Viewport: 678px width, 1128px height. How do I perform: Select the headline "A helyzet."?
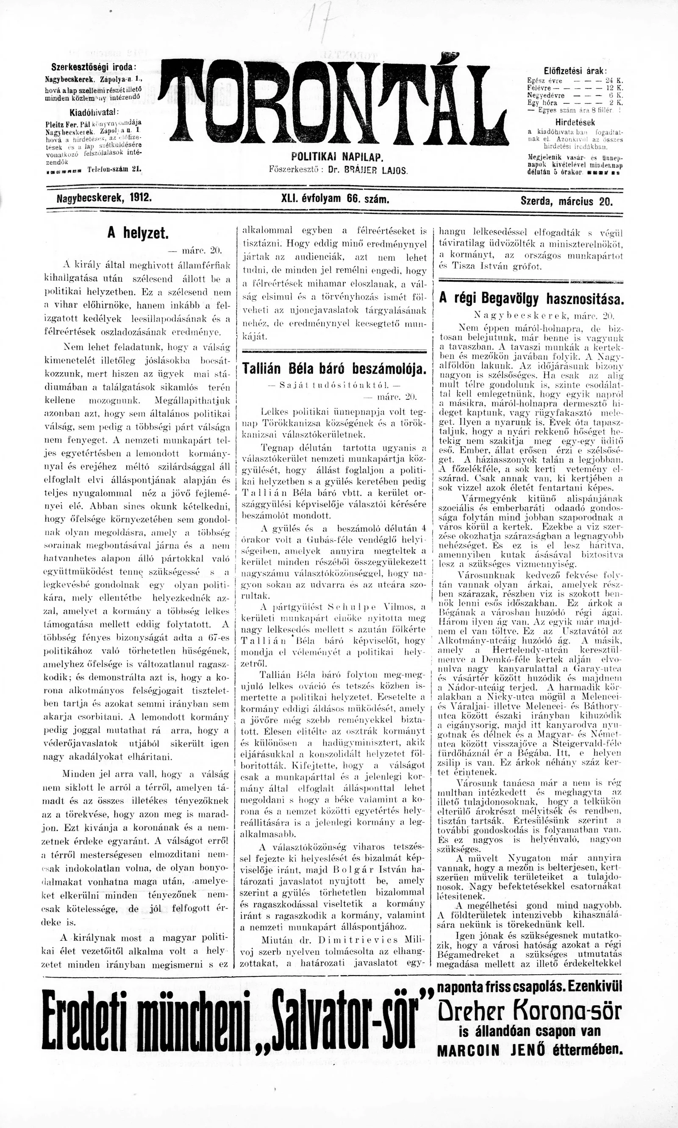click(138, 233)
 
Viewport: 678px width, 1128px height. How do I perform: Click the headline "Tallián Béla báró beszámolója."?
click(334, 368)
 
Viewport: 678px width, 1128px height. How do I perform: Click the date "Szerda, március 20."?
click(567, 200)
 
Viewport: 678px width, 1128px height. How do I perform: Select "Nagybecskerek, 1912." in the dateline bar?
click(104, 199)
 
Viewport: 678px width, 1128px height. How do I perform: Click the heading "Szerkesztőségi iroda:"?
click(94, 66)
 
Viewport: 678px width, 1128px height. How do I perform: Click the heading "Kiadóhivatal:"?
click(94, 112)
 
